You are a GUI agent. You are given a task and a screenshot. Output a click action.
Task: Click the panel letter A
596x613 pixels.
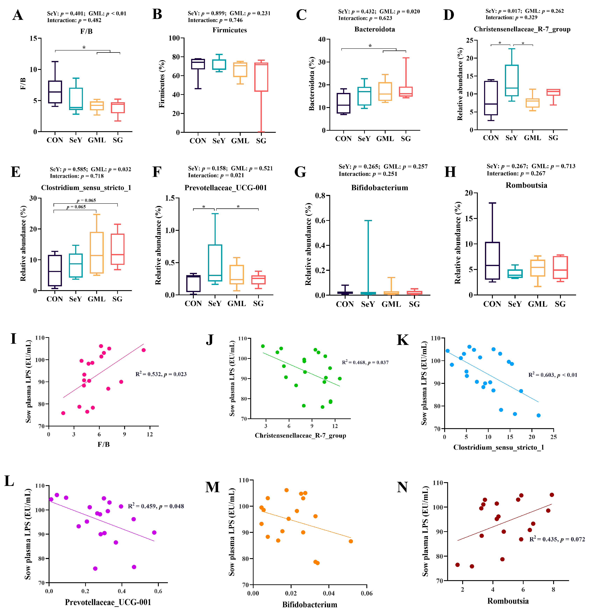coord(18,15)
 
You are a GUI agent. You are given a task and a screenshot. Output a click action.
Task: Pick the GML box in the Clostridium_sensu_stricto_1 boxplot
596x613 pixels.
coord(96,253)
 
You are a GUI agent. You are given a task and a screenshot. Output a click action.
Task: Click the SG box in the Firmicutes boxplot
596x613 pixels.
coord(261,77)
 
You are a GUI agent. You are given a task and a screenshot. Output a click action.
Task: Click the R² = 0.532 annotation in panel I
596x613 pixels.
coord(161,374)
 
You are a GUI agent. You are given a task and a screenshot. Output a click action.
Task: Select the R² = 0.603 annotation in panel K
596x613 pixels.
coord(552,375)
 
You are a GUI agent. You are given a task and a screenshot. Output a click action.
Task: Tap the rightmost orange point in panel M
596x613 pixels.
coord(351,541)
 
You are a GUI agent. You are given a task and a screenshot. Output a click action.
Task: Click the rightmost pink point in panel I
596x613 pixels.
coord(143,350)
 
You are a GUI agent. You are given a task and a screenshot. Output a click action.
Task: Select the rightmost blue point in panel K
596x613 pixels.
coord(538,415)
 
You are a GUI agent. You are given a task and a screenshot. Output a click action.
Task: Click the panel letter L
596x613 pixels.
coord(9,481)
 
